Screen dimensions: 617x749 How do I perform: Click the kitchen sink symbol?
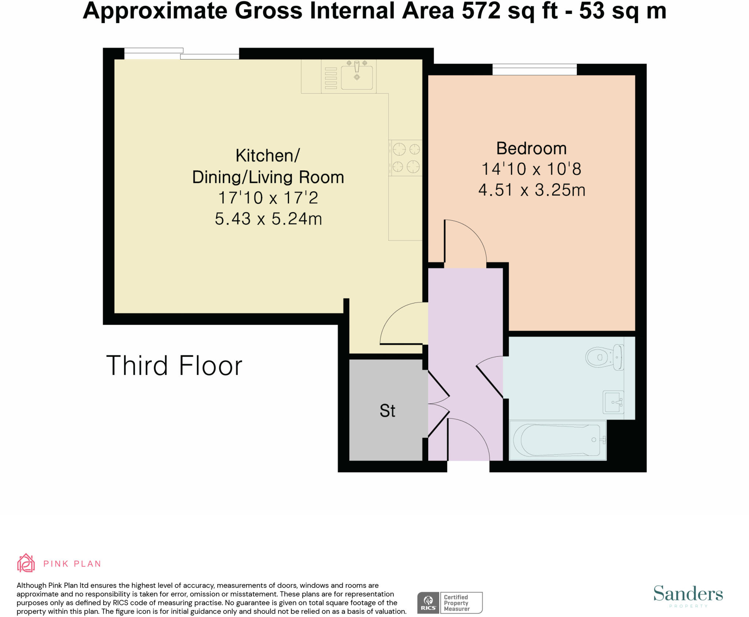coord(357,77)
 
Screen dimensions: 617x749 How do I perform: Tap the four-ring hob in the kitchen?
coord(406,158)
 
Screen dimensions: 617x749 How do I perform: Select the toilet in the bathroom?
coord(604,357)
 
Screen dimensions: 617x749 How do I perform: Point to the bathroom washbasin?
coord(613,402)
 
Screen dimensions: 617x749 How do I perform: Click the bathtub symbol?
coord(557,440)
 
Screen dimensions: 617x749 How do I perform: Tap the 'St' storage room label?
coord(387,411)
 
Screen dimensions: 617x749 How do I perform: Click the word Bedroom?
coord(531,148)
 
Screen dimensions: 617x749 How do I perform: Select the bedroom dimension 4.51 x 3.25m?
coord(531,190)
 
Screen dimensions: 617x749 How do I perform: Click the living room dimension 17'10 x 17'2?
coord(268,198)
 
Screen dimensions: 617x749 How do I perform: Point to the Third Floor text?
coord(174,365)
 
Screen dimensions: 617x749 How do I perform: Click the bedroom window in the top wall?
coord(534,69)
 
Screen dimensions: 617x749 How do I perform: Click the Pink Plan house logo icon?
coord(26,563)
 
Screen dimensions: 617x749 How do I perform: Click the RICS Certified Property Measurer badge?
coord(449,603)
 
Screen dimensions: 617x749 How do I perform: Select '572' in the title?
coord(481,11)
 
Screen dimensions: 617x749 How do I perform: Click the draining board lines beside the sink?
coord(331,78)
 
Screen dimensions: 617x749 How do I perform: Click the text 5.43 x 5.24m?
coord(268,219)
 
